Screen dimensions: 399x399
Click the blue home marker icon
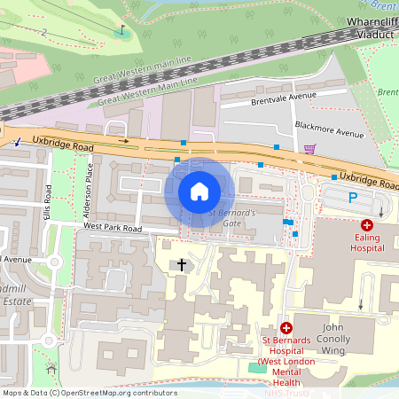click(x=199, y=192)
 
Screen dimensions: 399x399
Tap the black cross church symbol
click(x=183, y=264)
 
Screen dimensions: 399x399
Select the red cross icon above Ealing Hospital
click(x=367, y=225)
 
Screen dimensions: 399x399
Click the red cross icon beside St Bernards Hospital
click(x=286, y=328)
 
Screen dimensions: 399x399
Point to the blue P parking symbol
click(x=352, y=199)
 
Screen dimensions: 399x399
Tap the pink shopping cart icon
click(x=309, y=149)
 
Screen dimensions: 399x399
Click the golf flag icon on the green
click(x=121, y=29)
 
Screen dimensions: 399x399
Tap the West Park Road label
click(x=113, y=228)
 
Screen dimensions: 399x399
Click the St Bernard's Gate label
click(x=231, y=218)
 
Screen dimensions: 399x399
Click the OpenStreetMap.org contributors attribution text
click(x=120, y=392)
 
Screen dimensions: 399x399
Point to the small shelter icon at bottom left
click(x=51, y=367)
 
